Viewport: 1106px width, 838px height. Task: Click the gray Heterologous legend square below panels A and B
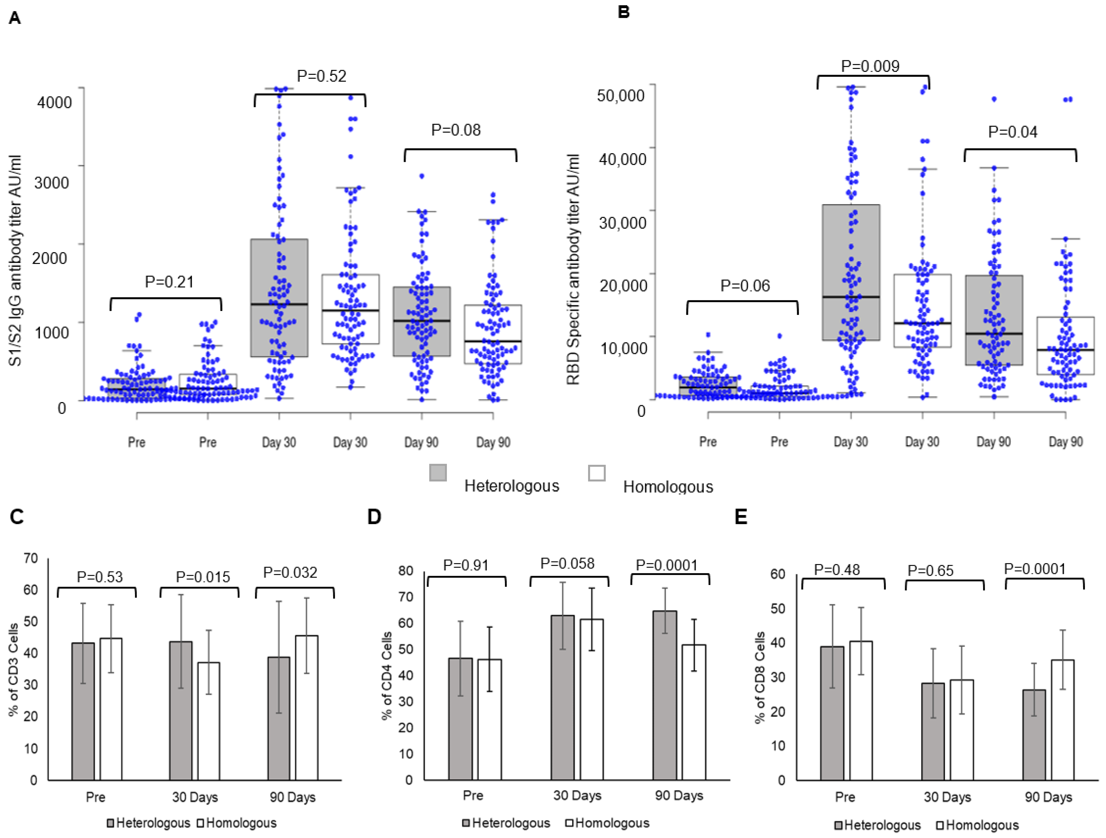click(x=438, y=473)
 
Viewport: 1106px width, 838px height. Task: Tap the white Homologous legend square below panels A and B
click(x=597, y=473)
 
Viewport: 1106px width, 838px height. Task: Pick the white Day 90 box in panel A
click(x=493, y=334)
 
